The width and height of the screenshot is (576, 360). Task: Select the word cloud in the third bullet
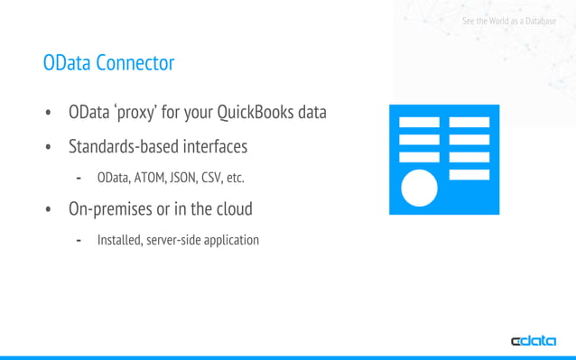[x=231, y=209]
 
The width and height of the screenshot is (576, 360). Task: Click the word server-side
[x=172, y=240]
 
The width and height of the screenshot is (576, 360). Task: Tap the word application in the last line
[x=231, y=240]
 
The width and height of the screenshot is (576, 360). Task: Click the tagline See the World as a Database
[x=508, y=20]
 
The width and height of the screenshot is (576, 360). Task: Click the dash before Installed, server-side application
[x=79, y=240]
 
